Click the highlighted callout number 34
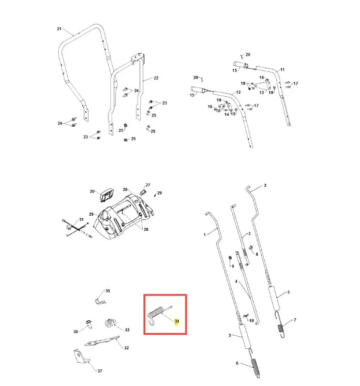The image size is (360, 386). click(x=177, y=321)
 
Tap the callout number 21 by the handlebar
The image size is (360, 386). click(x=59, y=29)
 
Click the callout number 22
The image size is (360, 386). click(x=156, y=78)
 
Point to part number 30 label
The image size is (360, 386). click(x=92, y=191)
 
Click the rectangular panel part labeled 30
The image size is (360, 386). click(x=106, y=196)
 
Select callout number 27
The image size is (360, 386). click(x=148, y=185)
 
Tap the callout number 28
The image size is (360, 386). click(x=146, y=229)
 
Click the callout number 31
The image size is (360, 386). click(x=81, y=219)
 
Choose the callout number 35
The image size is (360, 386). click(x=108, y=291)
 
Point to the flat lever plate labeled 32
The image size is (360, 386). click(x=102, y=341)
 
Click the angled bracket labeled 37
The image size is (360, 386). click(x=81, y=357)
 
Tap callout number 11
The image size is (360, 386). click(x=282, y=70)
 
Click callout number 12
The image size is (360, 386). click(x=238, y=92)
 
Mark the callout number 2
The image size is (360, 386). click(x=265, y=185)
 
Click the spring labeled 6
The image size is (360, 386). click(x=255, y=366)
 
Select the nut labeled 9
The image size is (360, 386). click(x=230, y=258)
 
